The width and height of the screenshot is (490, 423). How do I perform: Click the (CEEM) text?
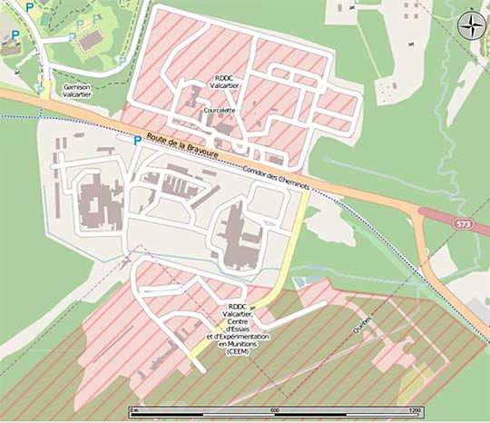click(238, 351)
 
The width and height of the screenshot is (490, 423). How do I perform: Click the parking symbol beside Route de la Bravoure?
click(137, 141)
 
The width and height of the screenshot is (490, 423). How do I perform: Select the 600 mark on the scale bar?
click(273, 410)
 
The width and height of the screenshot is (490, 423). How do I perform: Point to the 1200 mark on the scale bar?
click(414, 410)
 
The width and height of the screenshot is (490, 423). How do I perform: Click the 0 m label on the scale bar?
click(134, 410)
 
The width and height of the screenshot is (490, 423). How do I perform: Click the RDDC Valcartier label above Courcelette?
click(225, 83)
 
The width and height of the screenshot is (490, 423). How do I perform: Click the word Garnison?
click(78, 87)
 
